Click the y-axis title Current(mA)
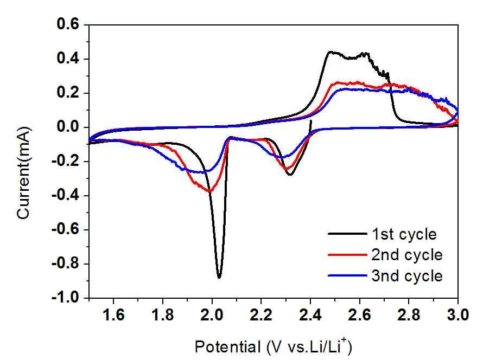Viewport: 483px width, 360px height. [24, 173]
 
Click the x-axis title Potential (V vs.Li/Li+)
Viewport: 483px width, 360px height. [276, 345]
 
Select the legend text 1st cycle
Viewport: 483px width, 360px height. [404, 234]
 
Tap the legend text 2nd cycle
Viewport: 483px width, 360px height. [407, 255]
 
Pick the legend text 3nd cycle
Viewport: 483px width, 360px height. [407, 275]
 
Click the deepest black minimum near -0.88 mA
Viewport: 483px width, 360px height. [219, 277]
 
